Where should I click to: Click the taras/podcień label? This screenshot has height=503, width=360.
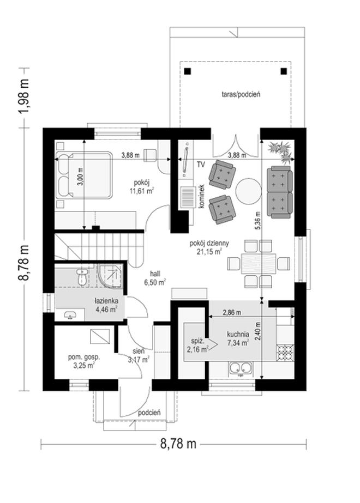(x=241, y=94)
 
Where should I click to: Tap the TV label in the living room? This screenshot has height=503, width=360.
(x=201, y=165)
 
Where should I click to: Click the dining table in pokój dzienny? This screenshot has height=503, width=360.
(x=259, y=263)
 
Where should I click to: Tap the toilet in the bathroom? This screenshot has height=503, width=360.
(x=82, y=276)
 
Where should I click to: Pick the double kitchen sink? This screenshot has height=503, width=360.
(x=240, y=368)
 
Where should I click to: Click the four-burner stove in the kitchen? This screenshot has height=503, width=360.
(x=285, y=352)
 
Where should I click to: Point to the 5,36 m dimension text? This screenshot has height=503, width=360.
(x=258, y=221)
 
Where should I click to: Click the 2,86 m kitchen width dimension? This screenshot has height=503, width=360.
(x=232, y=312)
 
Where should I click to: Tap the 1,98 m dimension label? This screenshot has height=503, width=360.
(x=24, y=96)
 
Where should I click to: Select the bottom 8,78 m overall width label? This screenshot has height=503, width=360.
(x=178, y=444)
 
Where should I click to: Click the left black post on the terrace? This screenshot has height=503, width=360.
(x=188, y=71)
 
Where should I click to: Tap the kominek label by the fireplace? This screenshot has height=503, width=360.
(x=202, y=196)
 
